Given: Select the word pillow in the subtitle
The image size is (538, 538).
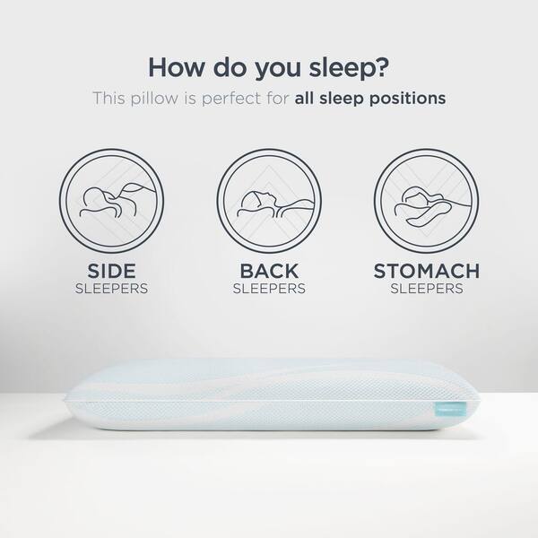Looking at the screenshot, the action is (x=154, y=99).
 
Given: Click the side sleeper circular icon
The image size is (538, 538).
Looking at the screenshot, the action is (x=111, y=201).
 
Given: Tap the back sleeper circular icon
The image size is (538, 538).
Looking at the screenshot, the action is (x=269, y=201).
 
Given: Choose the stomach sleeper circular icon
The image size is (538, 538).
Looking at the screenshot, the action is (x=427, y=201).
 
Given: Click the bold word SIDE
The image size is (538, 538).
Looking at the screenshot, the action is (x=111, y=271).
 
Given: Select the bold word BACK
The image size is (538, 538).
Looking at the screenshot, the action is (x=269, y=271).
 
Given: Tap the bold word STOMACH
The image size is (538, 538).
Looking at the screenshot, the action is (x=427, y=271).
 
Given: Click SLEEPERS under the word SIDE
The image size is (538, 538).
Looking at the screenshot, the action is (x=111, y=289).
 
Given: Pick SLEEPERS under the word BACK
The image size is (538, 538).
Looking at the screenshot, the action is (x=269, y=289).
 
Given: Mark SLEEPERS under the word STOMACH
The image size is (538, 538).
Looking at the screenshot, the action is (x=427, y=289).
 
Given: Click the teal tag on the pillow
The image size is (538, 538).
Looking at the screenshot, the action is (x=450, y=409).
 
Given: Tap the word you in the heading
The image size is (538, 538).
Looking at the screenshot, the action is (x=278, y=69).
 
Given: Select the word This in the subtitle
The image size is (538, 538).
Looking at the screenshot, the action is (x=109, y=99).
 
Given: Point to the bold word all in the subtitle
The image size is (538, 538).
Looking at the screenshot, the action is (x=303, y=98).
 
